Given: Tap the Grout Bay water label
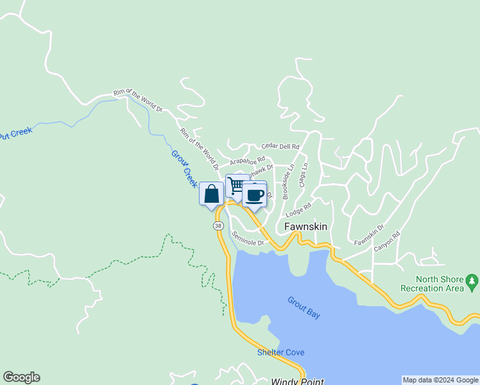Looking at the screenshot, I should tap(304, 307).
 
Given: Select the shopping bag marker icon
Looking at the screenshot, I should tap(211, 194).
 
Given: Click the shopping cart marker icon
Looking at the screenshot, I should tap(237, 185).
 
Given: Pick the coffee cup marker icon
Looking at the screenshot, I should tap(255, 194).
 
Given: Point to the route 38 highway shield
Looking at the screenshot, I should tap(218, 227).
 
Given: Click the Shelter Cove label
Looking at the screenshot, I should tap(280, 352).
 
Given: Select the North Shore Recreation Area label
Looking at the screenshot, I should tap(440, 284).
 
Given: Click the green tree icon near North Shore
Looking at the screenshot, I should tap(473, 280).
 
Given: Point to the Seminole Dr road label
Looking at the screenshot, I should tap(248, 237).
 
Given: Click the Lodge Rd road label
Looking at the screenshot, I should tap(298, 210).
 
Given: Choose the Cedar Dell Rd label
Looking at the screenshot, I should tap(281, 146).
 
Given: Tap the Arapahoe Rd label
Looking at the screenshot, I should tap(247, 162).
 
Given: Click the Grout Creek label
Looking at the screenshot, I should tap(184, 168).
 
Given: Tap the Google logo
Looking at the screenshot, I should tap(21, 377).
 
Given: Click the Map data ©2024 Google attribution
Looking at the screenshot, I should tap(440, 380).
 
